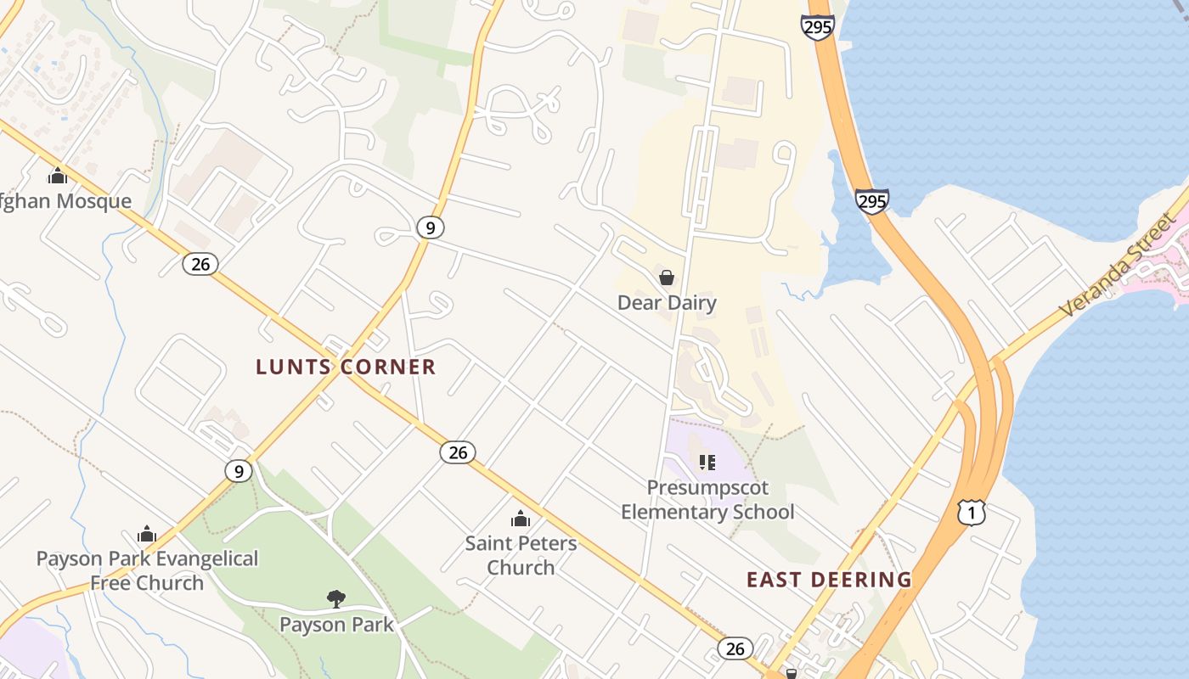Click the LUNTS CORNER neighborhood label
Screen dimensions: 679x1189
[x=346, y=367]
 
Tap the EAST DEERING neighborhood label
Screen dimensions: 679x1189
[x=829, y=580]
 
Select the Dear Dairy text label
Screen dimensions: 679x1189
[x=667, y=303]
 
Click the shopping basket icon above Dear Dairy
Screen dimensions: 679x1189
[x=667, y=278]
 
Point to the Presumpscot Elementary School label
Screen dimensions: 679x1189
[x=707, y=500]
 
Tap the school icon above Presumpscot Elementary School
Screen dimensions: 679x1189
[x=707, y=463]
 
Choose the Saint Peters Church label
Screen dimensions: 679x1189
[x=521, y=555]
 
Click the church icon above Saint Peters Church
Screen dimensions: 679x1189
[x=521, y=519]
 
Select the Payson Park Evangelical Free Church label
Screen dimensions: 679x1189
[x=147, y=570]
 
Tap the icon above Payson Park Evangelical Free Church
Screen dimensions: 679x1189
[x=147, y=534]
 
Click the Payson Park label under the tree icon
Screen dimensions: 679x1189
[x=336, y=625]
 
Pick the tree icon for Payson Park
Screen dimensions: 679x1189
[x=336, y=599]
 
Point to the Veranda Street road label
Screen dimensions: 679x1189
[x=1119, y=265]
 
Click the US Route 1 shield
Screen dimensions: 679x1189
[x=972, y=512]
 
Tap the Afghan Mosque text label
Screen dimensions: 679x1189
[x=65, y=201]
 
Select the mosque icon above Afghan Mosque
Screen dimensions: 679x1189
[x=58, y=176]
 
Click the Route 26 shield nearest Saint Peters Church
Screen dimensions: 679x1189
[x=458, y=452]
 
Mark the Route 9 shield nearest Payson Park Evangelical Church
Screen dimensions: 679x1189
[x=239, y=471]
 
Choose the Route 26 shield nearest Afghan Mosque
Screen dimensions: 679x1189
[x=200, y=264]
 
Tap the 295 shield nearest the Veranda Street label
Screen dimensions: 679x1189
[x=871, y=201]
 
